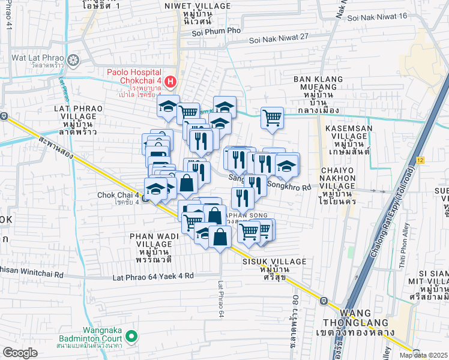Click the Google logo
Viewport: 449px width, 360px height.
tap(20, 353)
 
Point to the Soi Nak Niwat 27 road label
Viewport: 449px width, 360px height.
tap(280, 37)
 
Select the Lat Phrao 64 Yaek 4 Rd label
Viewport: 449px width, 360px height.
tap(154, 277)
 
